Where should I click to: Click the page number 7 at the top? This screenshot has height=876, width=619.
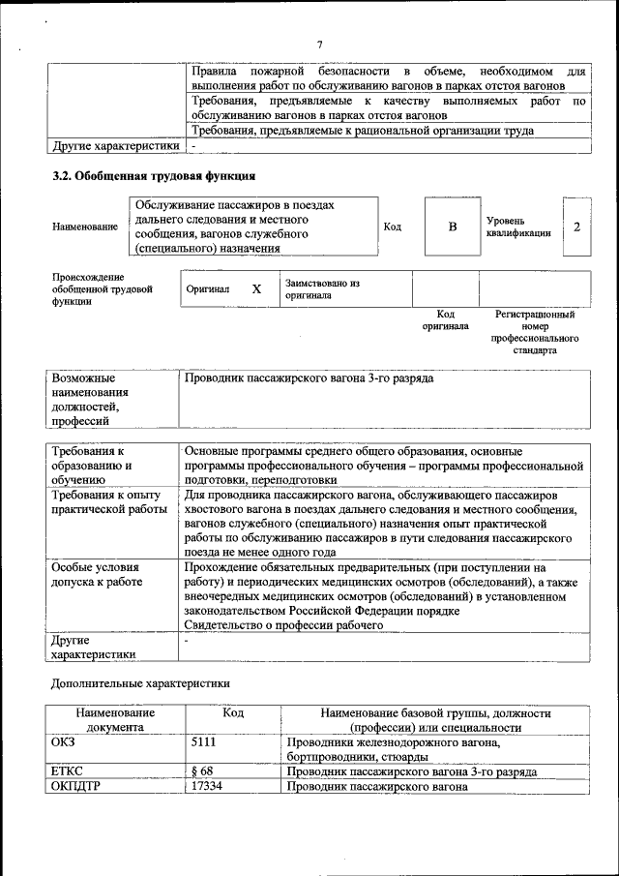pyautogui.click(x=318, y=44)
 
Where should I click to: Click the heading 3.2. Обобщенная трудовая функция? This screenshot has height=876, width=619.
pyautogui.click(x=153, y=176)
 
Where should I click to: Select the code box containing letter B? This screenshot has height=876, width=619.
pyautogui.click(x=451, y=227)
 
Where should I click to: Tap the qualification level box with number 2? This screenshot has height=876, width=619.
pyautogui.click(x=576, y=227)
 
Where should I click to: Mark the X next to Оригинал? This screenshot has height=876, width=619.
pyautogui.click(x=256, y=289)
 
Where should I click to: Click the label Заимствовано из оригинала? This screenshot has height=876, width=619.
pyautogui.click(x=321, y=289)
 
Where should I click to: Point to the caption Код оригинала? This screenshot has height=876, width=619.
pyautogui.click(x=445, y=320)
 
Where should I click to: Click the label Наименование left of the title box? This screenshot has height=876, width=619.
pyautogui.click(x=85, y=227)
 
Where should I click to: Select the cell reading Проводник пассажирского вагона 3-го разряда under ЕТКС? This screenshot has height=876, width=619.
pyautogui.click(x=412, y=772)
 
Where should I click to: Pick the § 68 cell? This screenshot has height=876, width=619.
pyautogui.click(x=202, y=772)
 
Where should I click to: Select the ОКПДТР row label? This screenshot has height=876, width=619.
pyautogui.click(x=74, y=787)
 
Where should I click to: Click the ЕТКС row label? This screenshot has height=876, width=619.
pyautogui.click(x=67, y=772)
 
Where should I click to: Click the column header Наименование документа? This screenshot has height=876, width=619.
pyautogui.click(x=115, y=720)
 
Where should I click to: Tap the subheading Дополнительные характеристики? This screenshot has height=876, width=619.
pyautogui.click(x=140, y=684)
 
